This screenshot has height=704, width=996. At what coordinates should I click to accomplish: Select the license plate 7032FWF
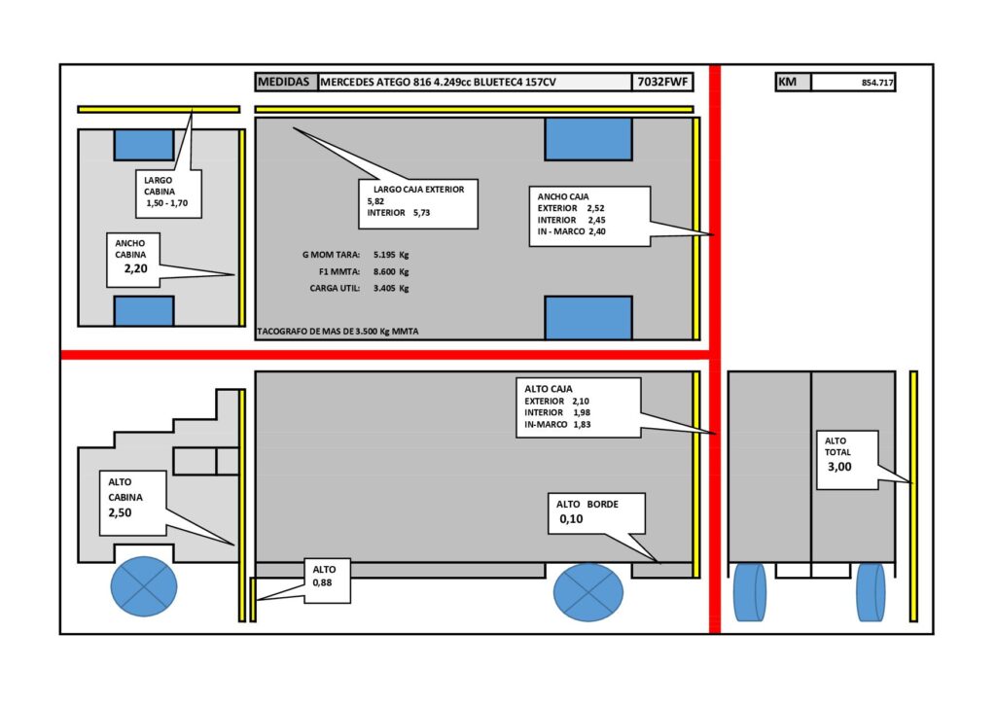point(661,82)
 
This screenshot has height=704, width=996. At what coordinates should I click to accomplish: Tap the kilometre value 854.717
point(877,83)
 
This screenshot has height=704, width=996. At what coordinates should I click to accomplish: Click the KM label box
point(794,82)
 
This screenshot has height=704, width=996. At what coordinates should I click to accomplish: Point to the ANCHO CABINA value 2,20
point(136,268)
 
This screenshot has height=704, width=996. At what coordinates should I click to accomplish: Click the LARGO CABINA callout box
point(169,194)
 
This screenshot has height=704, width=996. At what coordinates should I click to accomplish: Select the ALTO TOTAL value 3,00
point(839,467)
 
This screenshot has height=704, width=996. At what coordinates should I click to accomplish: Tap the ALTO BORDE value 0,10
point(571,518)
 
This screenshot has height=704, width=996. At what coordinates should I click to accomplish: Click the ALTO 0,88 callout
point(327,581)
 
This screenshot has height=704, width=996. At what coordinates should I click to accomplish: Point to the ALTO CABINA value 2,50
point(120,512)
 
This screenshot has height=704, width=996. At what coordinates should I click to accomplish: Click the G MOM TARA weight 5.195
point(384,255)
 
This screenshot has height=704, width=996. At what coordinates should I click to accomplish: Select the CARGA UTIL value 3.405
point(384,288)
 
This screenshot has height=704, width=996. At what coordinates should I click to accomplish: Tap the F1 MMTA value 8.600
point(384,271)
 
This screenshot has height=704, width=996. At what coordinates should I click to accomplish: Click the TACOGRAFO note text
point(338,332)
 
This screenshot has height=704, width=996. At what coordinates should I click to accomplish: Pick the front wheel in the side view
point(144,586)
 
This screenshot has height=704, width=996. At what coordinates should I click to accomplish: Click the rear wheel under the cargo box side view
point(588,591)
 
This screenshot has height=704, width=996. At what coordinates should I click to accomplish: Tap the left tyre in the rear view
point(750,591)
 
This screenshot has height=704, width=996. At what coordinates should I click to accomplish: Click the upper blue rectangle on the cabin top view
point(144,145)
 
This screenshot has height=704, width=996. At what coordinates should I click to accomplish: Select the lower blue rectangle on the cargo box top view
point(588,317)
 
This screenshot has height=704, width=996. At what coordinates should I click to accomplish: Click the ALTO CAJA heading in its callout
point(549,389)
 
